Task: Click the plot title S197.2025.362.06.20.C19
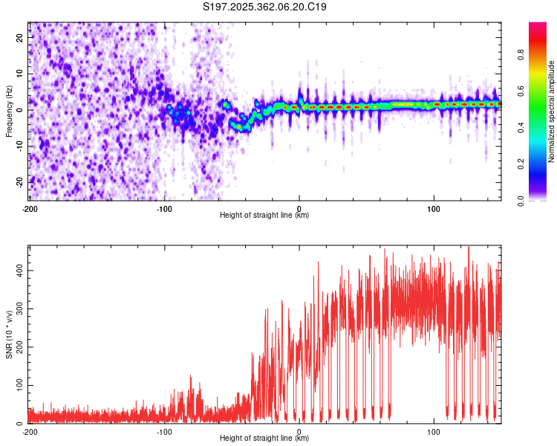click(264, 7)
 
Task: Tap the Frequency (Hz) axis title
click(9, 111)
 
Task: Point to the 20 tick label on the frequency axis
click(19, 38)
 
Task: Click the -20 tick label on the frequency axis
click(19, 182)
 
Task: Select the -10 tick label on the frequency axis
click(19, 146)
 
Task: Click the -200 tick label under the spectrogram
click(30, 209)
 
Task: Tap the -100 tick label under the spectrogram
click(164, 209)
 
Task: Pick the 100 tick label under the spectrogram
click(434, 209)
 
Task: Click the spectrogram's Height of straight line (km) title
click(264, 215)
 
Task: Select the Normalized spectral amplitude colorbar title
click(551, 111)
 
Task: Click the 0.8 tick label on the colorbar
click(521, 55)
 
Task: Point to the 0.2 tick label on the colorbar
click(521, 164)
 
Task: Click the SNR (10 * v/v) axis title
click(9, 334)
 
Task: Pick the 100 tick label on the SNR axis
click(19, 385)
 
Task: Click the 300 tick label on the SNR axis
click(19, 309)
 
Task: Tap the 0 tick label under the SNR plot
click(299, 432)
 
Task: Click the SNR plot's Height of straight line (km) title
click(264, 438)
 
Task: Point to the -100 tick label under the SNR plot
click(164, 432)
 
